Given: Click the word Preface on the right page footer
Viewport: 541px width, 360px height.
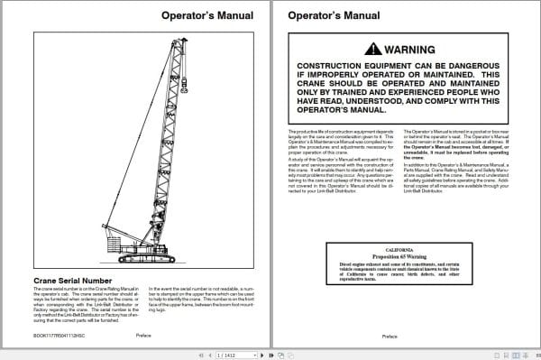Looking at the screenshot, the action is pyautogui.click(x=390, y=337).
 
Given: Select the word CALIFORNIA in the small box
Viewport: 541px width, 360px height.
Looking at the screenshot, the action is pyautogui.click(x=399, y=248).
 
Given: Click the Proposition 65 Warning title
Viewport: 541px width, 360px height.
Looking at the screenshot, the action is pyautogui.click(x=399, y=256).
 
